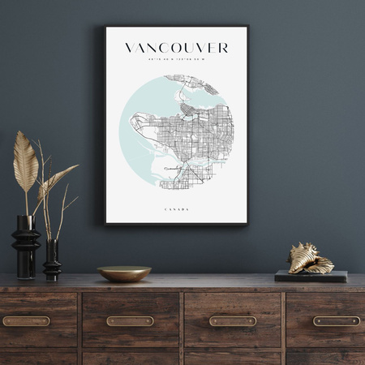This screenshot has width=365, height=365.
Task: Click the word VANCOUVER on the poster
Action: [176, 48]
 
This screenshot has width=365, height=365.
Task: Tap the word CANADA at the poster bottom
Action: [176, 209]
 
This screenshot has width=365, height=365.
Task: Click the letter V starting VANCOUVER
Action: [130, 48]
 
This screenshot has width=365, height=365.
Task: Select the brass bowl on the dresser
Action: [124, 273]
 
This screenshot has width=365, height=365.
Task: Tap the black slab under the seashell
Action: [311, 276]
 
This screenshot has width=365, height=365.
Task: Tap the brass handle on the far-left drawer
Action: [26, 320]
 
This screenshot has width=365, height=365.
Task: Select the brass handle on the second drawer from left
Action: [130, 320]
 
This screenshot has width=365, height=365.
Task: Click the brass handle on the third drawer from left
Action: [233, 320]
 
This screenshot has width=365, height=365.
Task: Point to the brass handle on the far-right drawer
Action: [336, 320]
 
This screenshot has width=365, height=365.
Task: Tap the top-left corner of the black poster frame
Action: [105, 27]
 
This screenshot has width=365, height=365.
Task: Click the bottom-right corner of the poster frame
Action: [247, 223]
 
